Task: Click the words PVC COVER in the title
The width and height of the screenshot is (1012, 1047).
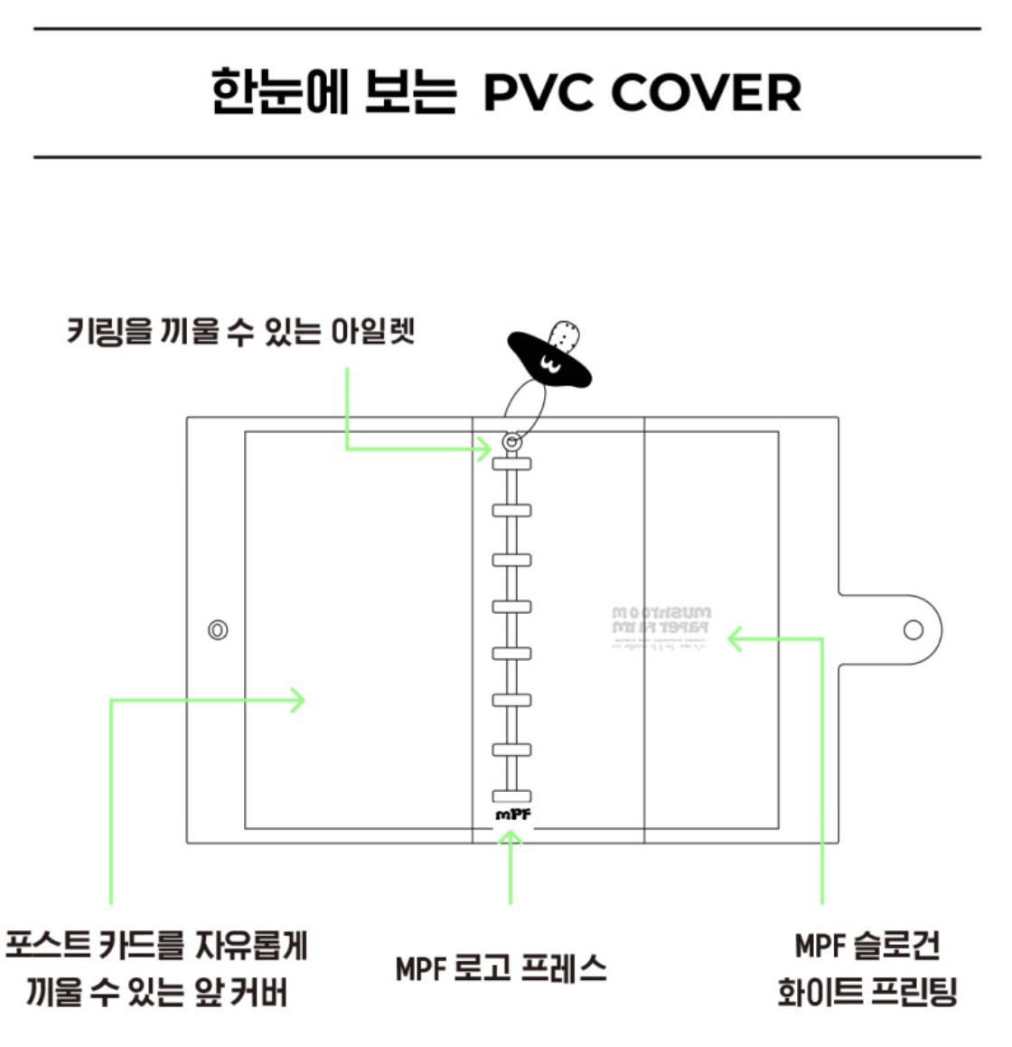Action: click(x=642, y=93)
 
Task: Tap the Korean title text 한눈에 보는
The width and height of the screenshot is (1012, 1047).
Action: click(x=333, y=93)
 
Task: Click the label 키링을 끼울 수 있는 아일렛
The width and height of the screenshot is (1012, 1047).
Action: click(x=240, y=331)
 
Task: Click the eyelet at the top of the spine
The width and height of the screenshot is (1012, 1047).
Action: click(x=511, y=442)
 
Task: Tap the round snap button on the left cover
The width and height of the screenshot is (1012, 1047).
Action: click(x=218, y=630)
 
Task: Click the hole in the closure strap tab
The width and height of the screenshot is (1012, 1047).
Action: click(x=914, y=629)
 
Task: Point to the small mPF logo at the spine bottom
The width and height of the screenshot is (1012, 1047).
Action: click(x=512, y=815)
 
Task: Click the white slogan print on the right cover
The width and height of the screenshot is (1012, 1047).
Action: click(x=661, y=627)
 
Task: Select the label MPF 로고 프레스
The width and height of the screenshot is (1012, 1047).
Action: click(x=501, y=968)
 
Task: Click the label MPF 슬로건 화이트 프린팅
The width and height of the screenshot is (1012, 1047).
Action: click(x=867, y=968)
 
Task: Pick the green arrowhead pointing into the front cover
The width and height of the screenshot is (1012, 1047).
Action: click(x=297, y=699)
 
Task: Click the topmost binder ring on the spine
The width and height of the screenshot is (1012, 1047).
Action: click(x=511, y=464)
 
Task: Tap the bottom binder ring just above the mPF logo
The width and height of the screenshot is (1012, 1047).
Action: click(x=511, y=796)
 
